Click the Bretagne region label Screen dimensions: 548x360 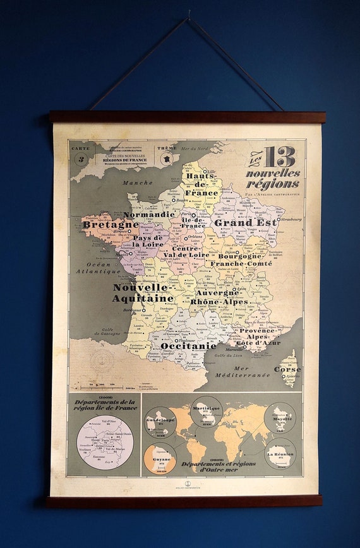(111, 224)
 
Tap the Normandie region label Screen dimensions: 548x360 (148, 214)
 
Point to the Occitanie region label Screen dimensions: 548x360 (188, 345)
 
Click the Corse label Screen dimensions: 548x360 (287, 369)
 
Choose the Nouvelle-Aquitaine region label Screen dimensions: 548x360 (143, 292)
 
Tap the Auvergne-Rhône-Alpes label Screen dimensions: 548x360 (219, 297)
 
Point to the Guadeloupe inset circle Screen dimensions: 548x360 (160, 422)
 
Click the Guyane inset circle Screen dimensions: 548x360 (160, 457)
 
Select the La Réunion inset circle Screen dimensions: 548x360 (280, 453)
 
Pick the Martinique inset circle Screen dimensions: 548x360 (206, 412)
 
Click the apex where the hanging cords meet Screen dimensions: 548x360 (188, 18)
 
